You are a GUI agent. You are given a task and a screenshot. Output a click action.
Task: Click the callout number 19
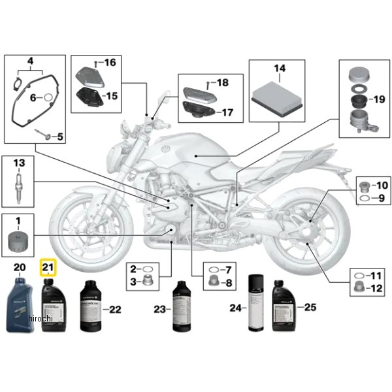(x=379, y=100)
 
